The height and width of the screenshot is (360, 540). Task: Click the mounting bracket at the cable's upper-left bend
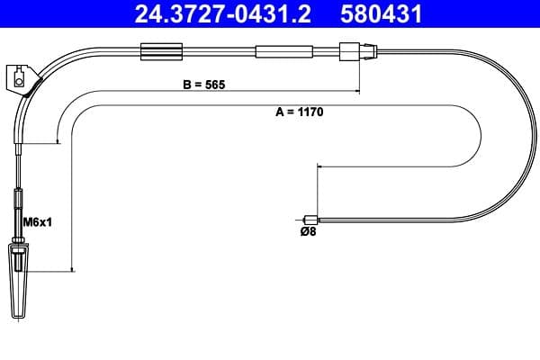22,79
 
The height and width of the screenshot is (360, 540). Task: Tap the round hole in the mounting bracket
19,84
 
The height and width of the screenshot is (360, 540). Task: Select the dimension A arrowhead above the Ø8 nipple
317,167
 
